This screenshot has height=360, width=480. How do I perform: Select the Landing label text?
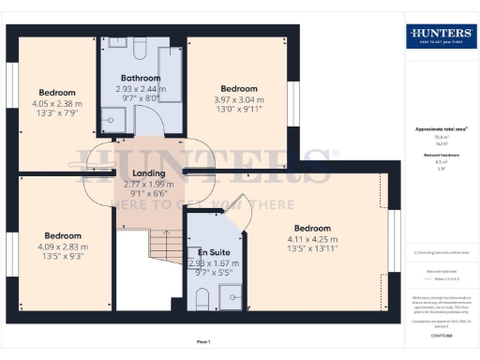tap(149, 173)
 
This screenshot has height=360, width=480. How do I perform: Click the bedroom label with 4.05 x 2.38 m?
tap(57, 93)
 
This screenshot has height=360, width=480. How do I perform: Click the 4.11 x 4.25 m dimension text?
tap(312, 239)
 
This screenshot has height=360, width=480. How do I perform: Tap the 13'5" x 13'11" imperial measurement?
tap(312, 249)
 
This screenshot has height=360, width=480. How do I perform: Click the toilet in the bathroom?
tap(138, 47)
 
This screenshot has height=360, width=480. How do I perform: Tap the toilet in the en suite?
tap(200, 299)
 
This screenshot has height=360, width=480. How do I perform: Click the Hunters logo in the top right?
tap(439, 37)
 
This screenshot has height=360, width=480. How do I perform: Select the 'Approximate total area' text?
tap(440, 127)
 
